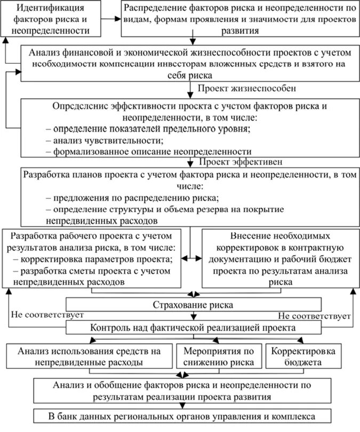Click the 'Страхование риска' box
pyautogui.click(x=193, y=305)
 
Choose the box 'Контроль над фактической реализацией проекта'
pyautogui.click(x=193, y=327)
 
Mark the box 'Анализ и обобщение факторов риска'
pyautogui.click(x=193, y=390)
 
